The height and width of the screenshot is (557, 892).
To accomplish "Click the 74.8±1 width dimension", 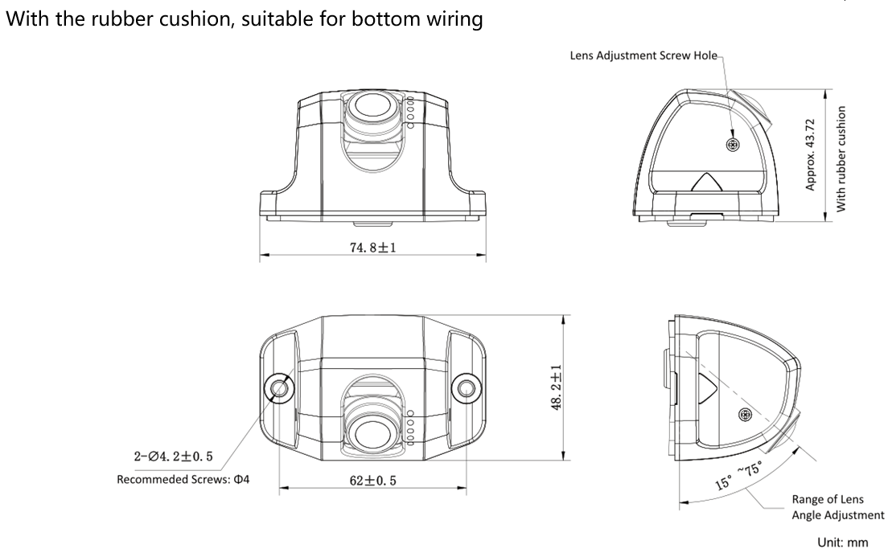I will click(372, 248).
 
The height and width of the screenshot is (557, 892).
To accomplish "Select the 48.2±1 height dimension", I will click(555, 387).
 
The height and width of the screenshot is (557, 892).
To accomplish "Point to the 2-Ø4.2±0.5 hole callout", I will click(173, 457).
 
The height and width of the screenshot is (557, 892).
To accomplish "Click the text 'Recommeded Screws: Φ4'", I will click(183, 479).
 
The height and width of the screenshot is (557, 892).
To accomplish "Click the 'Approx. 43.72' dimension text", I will click(811, 154).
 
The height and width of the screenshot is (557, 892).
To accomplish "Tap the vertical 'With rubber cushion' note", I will click(841, 158).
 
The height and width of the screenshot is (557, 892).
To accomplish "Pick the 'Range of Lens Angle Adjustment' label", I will click(837, 507).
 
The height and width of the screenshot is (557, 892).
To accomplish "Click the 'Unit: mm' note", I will click(842, 543).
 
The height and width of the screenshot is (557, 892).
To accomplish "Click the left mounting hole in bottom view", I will click(279, 388).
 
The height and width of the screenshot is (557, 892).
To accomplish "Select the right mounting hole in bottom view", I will click(465, 388).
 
